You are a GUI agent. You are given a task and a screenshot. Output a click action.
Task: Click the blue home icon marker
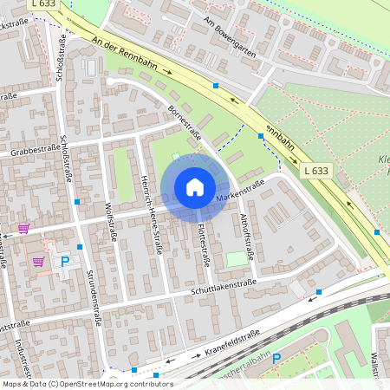[195, 187]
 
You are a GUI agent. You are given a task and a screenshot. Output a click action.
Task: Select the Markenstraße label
[240, 192]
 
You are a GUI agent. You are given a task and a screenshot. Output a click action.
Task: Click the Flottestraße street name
[204, 244]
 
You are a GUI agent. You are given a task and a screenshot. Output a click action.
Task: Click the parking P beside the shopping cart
[63, 259]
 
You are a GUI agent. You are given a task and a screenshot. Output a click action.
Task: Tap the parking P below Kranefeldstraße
[276, 358]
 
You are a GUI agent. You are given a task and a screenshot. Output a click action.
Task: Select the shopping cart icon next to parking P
[37, 261]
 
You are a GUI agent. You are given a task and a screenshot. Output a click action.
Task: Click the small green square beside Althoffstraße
[237, 258]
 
